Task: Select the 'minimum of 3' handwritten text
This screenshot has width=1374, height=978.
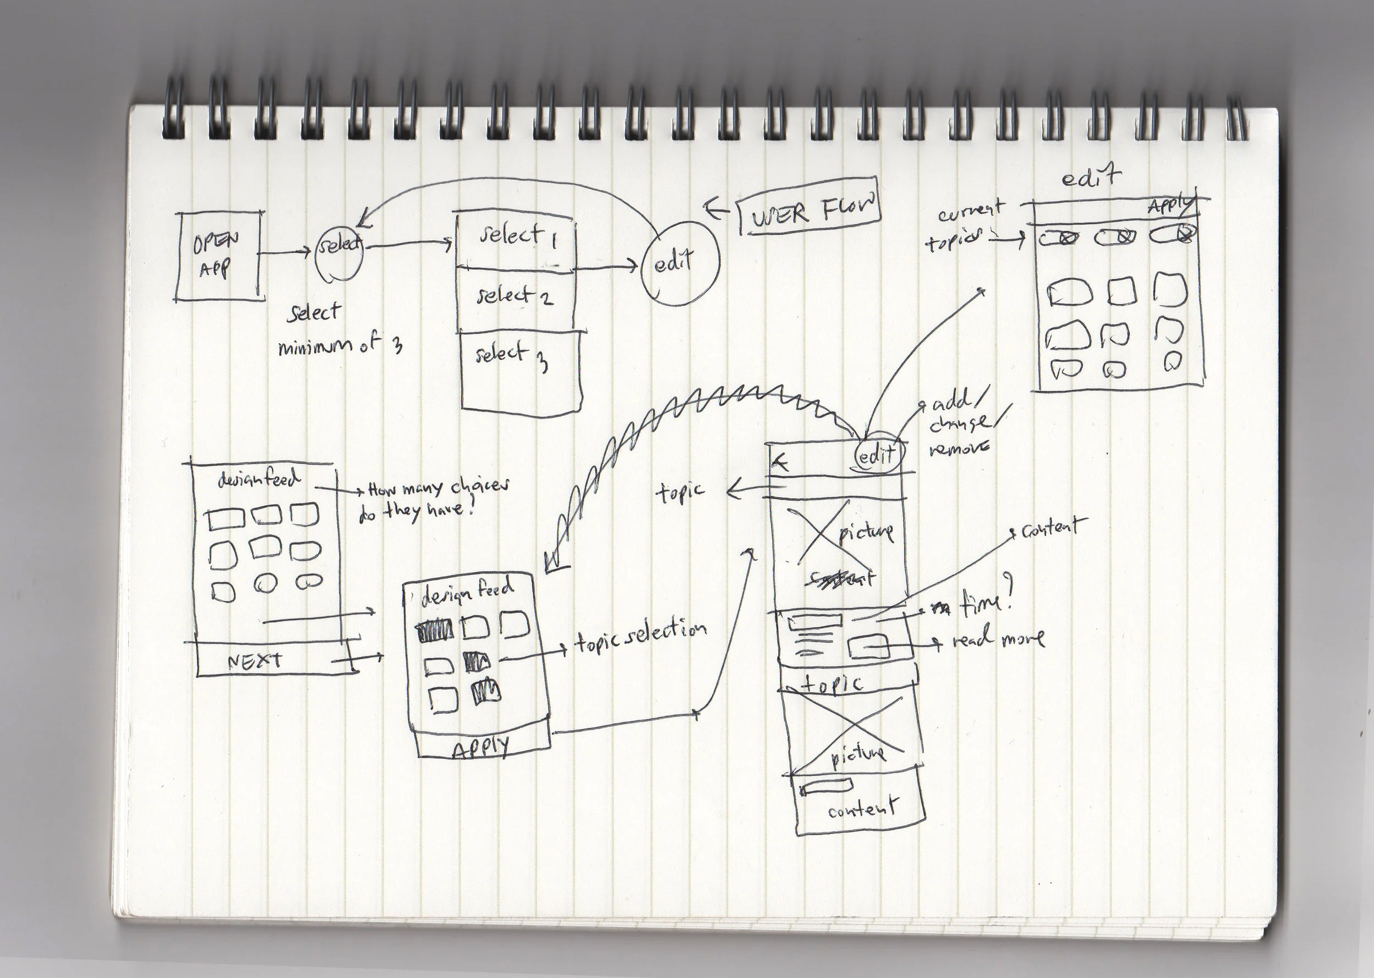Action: pos(340,346)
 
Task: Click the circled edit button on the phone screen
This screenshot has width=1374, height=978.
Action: pos(878,456)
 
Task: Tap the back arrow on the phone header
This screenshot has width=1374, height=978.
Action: pos(782,462)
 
